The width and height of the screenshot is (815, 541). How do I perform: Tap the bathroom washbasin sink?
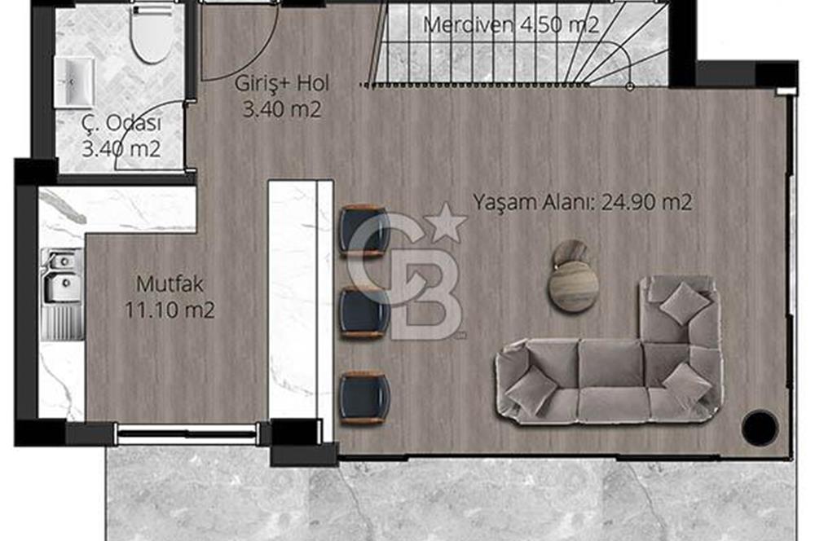(74, 81)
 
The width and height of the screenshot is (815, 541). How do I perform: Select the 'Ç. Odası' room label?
(121, 125)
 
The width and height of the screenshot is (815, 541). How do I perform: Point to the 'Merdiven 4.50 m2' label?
(511, 24)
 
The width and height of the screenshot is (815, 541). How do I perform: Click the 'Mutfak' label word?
(170, 284)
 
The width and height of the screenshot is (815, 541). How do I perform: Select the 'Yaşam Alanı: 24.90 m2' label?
(584, 201)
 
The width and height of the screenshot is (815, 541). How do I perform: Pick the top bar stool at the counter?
(364, 231)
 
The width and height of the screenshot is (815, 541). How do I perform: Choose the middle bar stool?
(364, 311)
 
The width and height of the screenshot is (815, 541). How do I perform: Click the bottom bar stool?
(364, 397)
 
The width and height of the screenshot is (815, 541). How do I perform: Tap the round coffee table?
(573, 286)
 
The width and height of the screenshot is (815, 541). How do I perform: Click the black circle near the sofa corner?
(760, 426)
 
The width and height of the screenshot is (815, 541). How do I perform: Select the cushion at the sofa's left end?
(531, 389)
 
